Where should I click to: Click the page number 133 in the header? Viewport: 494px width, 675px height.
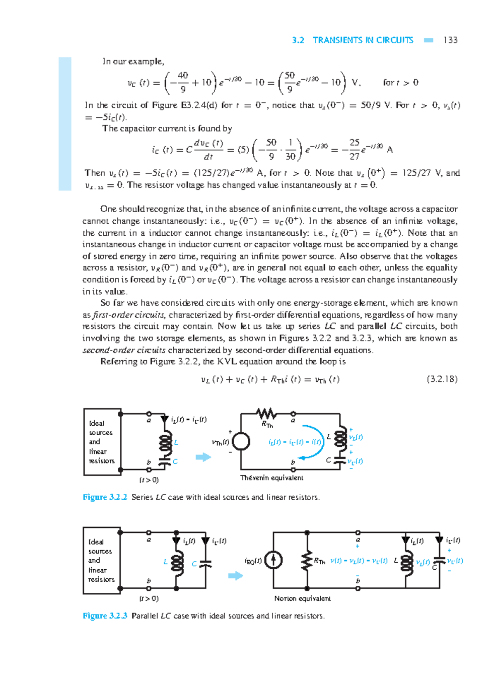(x=450, y=40)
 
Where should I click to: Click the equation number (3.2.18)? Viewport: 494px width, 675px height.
(x=442, y=379)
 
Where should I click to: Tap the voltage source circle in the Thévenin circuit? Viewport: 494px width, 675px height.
(x=241, y=442)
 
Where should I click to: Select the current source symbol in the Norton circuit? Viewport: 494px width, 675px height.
(x=273, y=560)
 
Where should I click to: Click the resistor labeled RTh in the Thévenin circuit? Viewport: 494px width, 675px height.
(x=266, y=414)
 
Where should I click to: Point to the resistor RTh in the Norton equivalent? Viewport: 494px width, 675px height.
(x=307, y=561)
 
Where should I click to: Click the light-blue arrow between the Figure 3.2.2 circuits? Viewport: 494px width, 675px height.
(x=203, y=457)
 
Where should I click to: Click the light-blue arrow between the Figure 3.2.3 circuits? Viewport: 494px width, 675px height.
(x=235, y=575)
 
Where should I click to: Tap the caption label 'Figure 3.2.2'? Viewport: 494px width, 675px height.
(x=105, y=497)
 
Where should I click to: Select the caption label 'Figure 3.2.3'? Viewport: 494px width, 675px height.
(x=105, y=616)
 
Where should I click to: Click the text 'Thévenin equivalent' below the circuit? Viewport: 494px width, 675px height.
(x=272, y=478)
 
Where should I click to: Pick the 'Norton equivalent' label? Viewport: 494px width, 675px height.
(x=302, y=598)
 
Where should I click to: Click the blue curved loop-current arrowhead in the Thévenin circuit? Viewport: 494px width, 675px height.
(x=302, y=457)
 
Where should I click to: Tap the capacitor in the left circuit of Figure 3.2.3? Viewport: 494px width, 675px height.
(x=205, y=564)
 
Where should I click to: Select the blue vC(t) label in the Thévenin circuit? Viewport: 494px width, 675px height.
(x=355, y=462)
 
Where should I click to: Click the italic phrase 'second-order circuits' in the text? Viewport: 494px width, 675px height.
(x=124, y=350)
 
